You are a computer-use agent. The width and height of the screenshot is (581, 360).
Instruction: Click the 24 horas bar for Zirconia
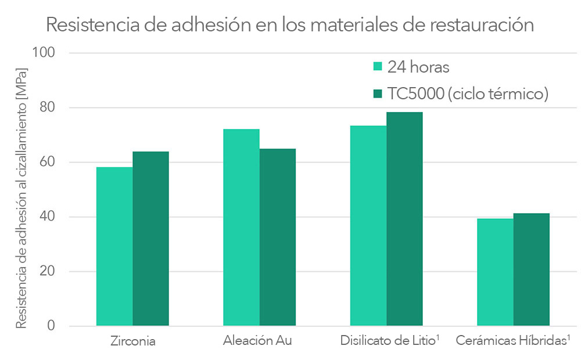coord(114,246)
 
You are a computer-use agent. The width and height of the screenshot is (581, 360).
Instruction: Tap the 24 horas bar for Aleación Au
coord(241,227)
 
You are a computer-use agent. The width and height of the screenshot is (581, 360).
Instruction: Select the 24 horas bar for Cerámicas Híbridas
coord(495,272)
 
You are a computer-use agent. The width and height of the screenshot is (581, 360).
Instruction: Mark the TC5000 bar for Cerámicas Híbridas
coord(531,269)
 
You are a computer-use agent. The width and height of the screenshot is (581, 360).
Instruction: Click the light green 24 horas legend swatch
coord(378,66)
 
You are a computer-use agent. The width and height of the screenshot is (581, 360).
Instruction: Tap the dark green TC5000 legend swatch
coord(378,93)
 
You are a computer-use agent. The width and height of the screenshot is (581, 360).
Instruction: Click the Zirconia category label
coord(132,341)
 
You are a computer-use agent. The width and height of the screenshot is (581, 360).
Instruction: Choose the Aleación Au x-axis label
coord(257,341)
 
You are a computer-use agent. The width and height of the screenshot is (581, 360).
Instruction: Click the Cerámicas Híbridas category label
coord(511,341)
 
